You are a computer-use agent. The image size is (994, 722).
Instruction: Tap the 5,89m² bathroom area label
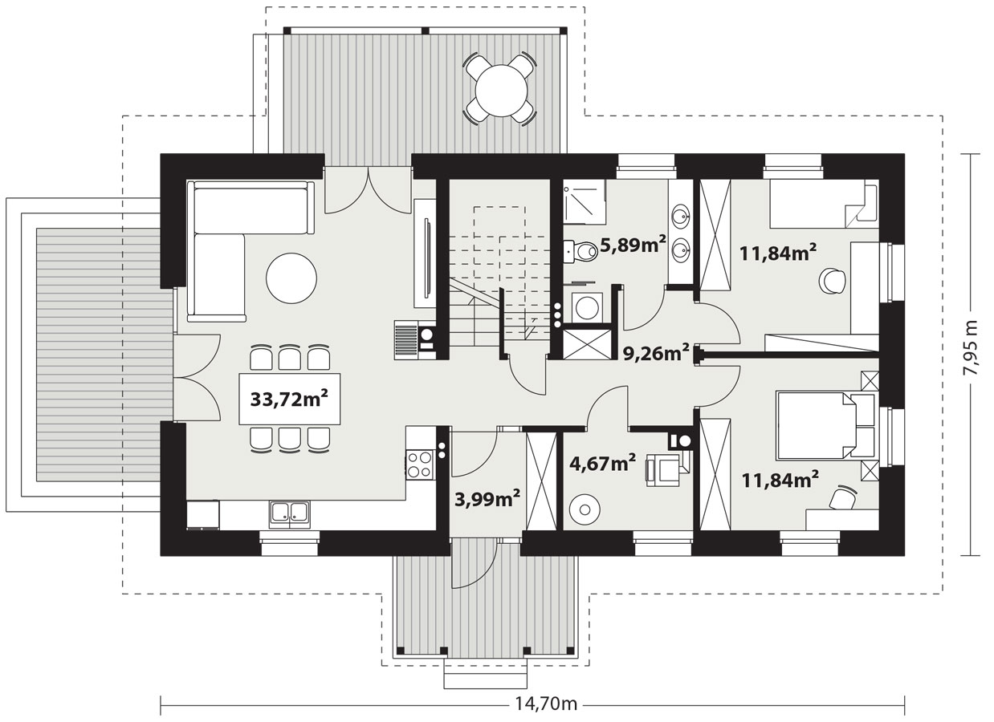click(x=633, y=244)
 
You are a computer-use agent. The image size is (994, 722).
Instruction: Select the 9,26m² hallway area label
click(x=656, y=353)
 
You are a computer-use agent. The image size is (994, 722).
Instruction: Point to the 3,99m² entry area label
click(x=487, y=499)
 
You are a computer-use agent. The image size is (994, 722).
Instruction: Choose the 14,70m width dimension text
click(x=546, y=704)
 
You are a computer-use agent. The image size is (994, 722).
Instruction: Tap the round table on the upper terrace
click(x=501, y=91)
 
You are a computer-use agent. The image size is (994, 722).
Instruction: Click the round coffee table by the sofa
click(x=291, y=278)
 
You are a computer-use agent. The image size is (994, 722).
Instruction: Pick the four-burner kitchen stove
click(x=419, y=464)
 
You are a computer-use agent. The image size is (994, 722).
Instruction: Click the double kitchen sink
click(x=289, y=514)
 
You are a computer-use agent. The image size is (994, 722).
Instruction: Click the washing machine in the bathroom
click(x=587, y=307)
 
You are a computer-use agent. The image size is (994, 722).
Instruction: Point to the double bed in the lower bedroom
click(x=826, y=425)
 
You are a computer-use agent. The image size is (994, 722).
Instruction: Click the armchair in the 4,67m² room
click(x=666, y=469)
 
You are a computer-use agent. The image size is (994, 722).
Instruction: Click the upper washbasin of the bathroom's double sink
click(x=680, y=216)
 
